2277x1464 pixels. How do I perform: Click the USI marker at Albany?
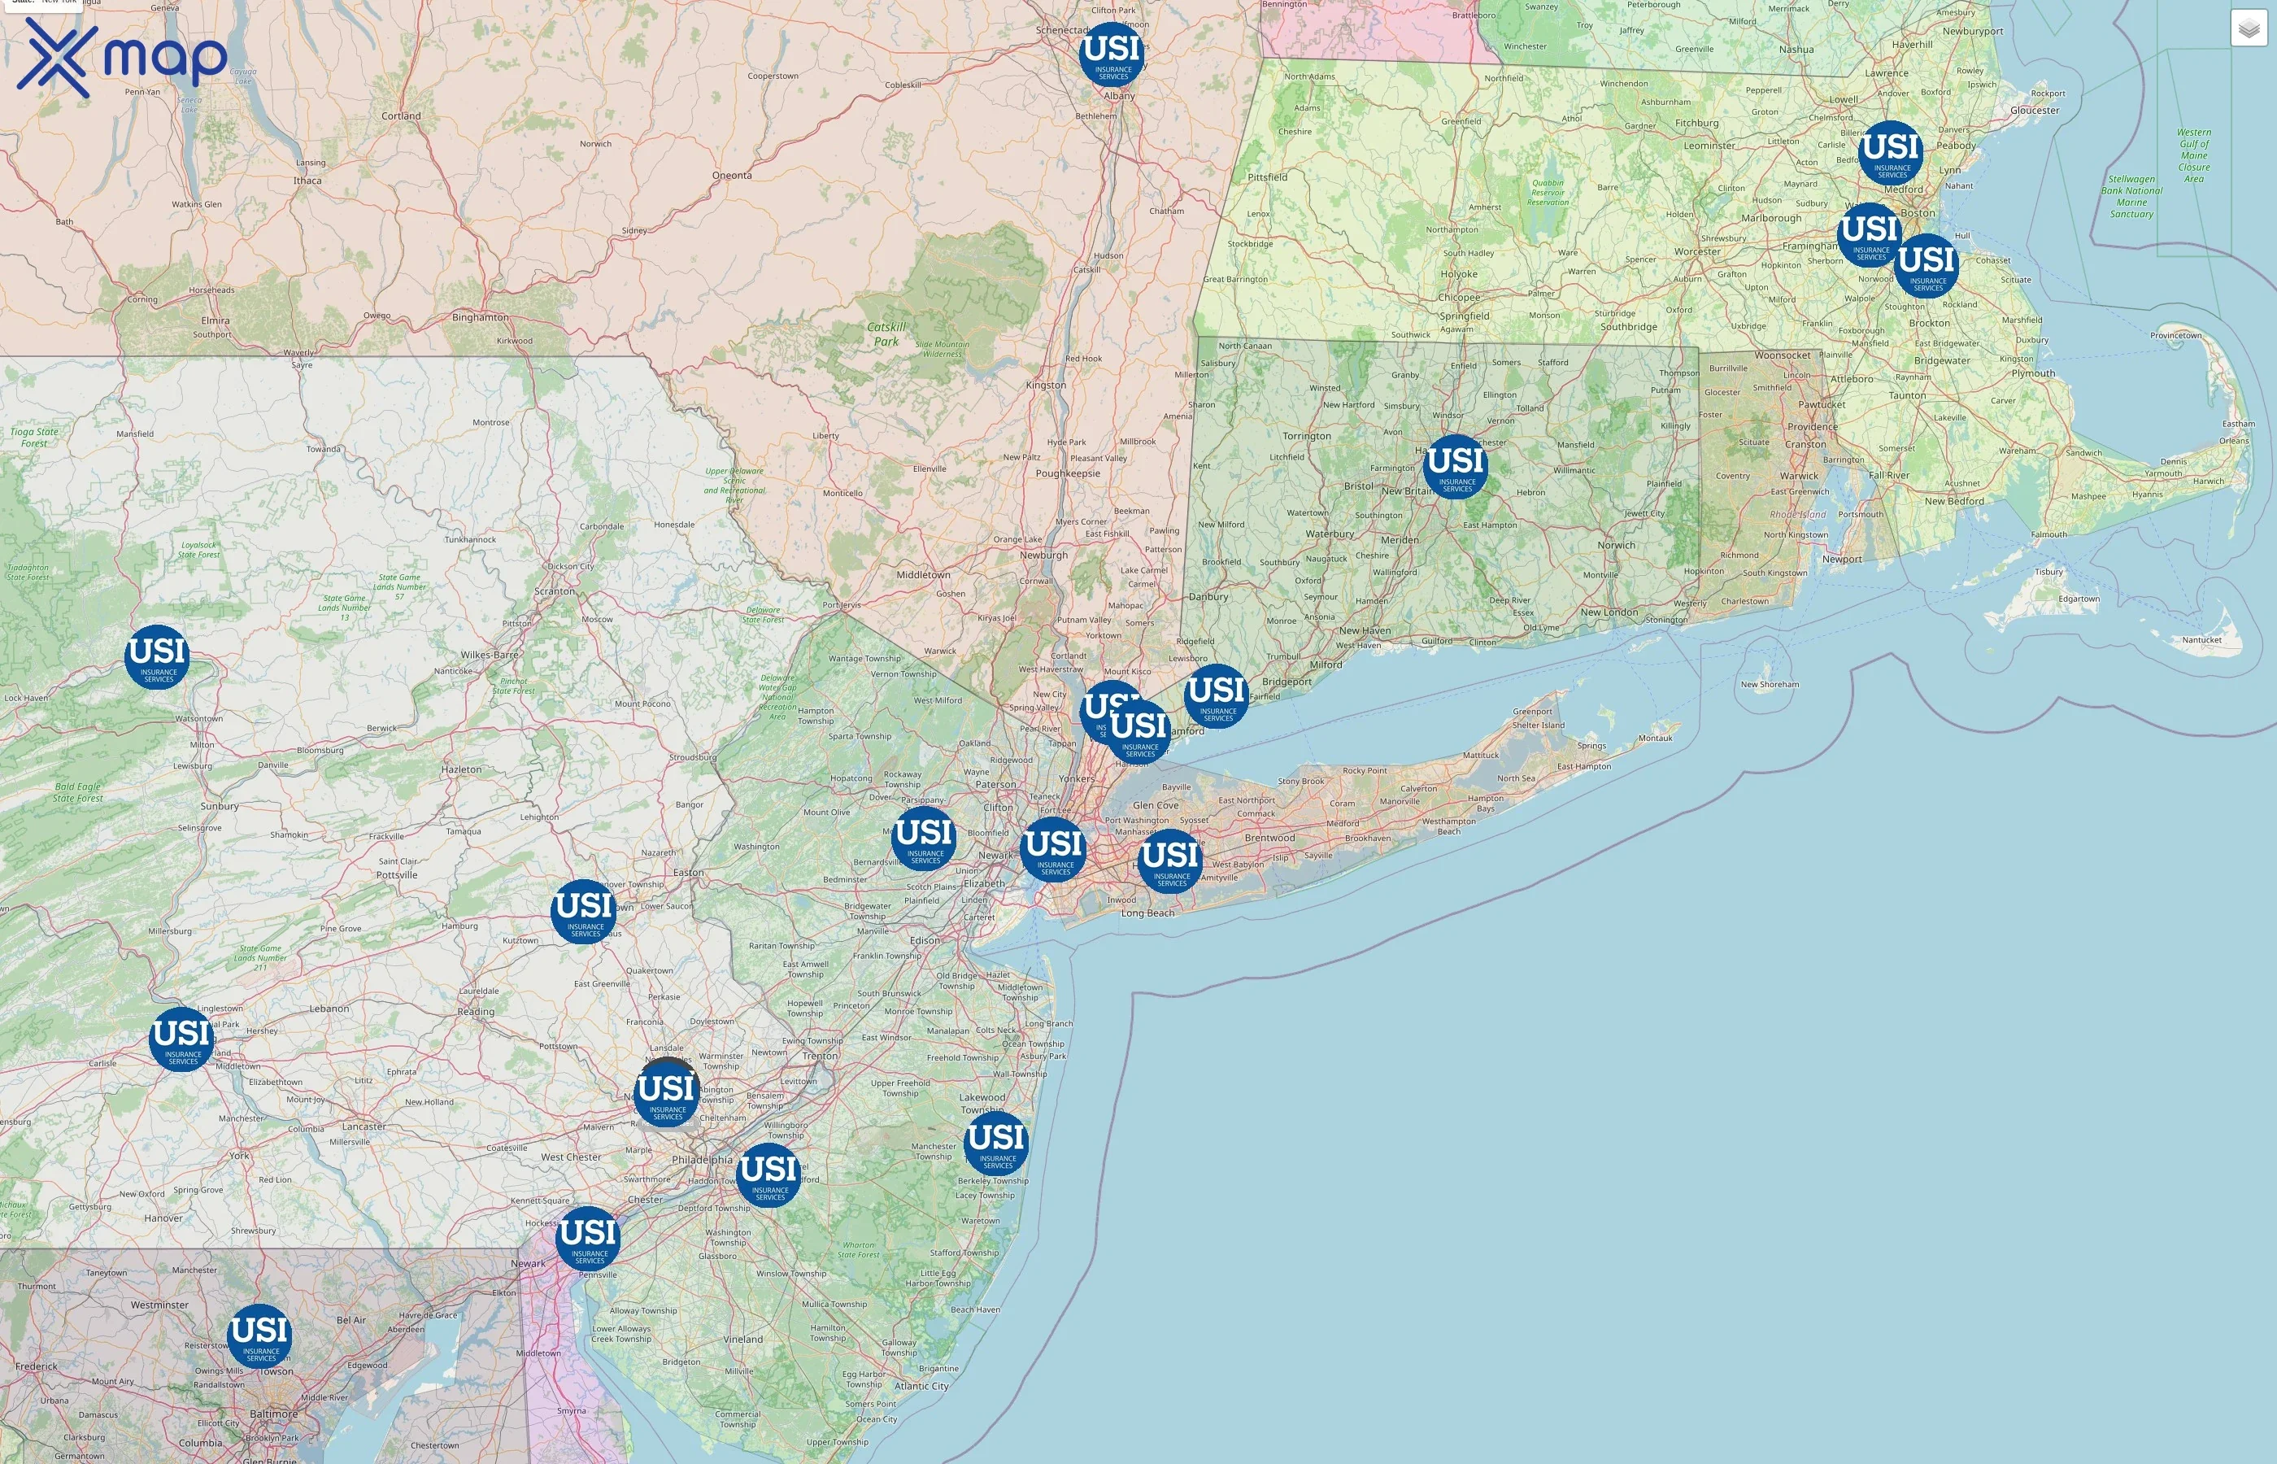1112,54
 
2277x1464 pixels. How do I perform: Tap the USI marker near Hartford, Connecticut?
1456,466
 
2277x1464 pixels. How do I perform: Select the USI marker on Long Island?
1170,861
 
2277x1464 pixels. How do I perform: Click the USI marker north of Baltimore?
259,1335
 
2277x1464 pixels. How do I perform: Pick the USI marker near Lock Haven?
157,656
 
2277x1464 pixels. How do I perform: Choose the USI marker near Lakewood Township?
996,1143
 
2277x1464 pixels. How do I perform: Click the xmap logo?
122,57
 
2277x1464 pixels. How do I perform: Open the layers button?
2249,29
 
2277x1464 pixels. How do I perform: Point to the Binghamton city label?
480,317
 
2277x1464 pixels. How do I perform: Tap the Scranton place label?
554,591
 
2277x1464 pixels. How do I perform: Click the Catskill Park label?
886,333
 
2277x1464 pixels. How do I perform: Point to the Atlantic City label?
921,1386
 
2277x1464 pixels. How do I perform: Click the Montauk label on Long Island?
1655,738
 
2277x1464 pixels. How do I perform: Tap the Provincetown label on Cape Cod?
2175,336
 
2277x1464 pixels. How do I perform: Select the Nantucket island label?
2201,640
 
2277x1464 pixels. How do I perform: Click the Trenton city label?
821,1057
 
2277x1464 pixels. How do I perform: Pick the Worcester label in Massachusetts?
1697,252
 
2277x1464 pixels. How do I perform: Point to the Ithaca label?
307,181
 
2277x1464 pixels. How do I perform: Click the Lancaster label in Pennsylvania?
364,1126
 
